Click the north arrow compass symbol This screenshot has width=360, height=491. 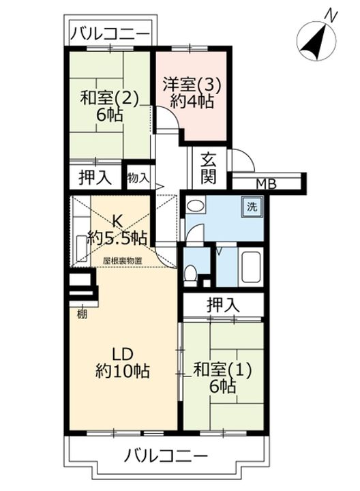316,41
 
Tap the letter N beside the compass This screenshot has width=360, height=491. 330,15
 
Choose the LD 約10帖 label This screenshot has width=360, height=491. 123,363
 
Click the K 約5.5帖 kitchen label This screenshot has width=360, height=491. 117,230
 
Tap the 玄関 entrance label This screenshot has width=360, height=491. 209,169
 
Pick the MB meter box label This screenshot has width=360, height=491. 267,185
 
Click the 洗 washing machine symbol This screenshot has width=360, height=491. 252,207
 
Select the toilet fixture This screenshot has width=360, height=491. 190,276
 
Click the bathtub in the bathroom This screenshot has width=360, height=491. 250,267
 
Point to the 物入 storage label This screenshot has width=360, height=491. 138,178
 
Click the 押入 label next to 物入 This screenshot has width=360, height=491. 95,177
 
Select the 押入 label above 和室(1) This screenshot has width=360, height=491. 224,305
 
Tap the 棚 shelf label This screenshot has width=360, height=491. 82,314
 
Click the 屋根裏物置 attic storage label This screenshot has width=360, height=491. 122,261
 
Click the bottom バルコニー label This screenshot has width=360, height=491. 166,456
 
